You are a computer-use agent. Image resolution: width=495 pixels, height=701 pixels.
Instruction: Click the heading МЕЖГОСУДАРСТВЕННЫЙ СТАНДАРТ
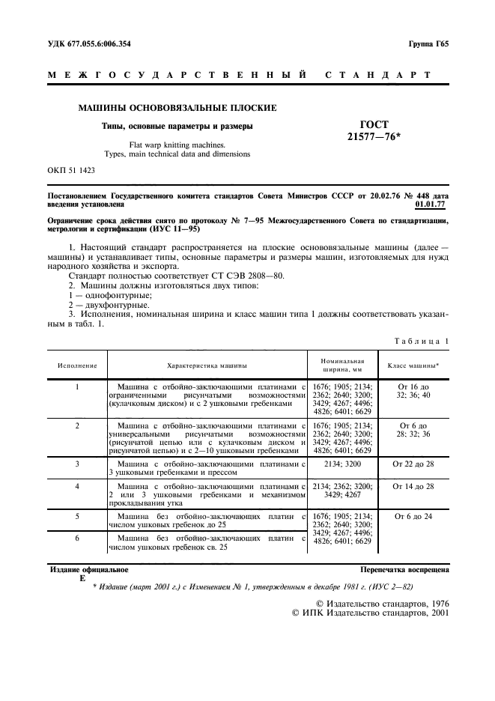239,75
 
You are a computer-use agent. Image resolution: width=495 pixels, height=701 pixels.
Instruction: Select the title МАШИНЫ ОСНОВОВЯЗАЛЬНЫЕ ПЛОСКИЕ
177,108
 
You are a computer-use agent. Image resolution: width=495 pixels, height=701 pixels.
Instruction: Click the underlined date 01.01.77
431,203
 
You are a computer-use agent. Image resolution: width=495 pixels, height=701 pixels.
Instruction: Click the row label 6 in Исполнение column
77,538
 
